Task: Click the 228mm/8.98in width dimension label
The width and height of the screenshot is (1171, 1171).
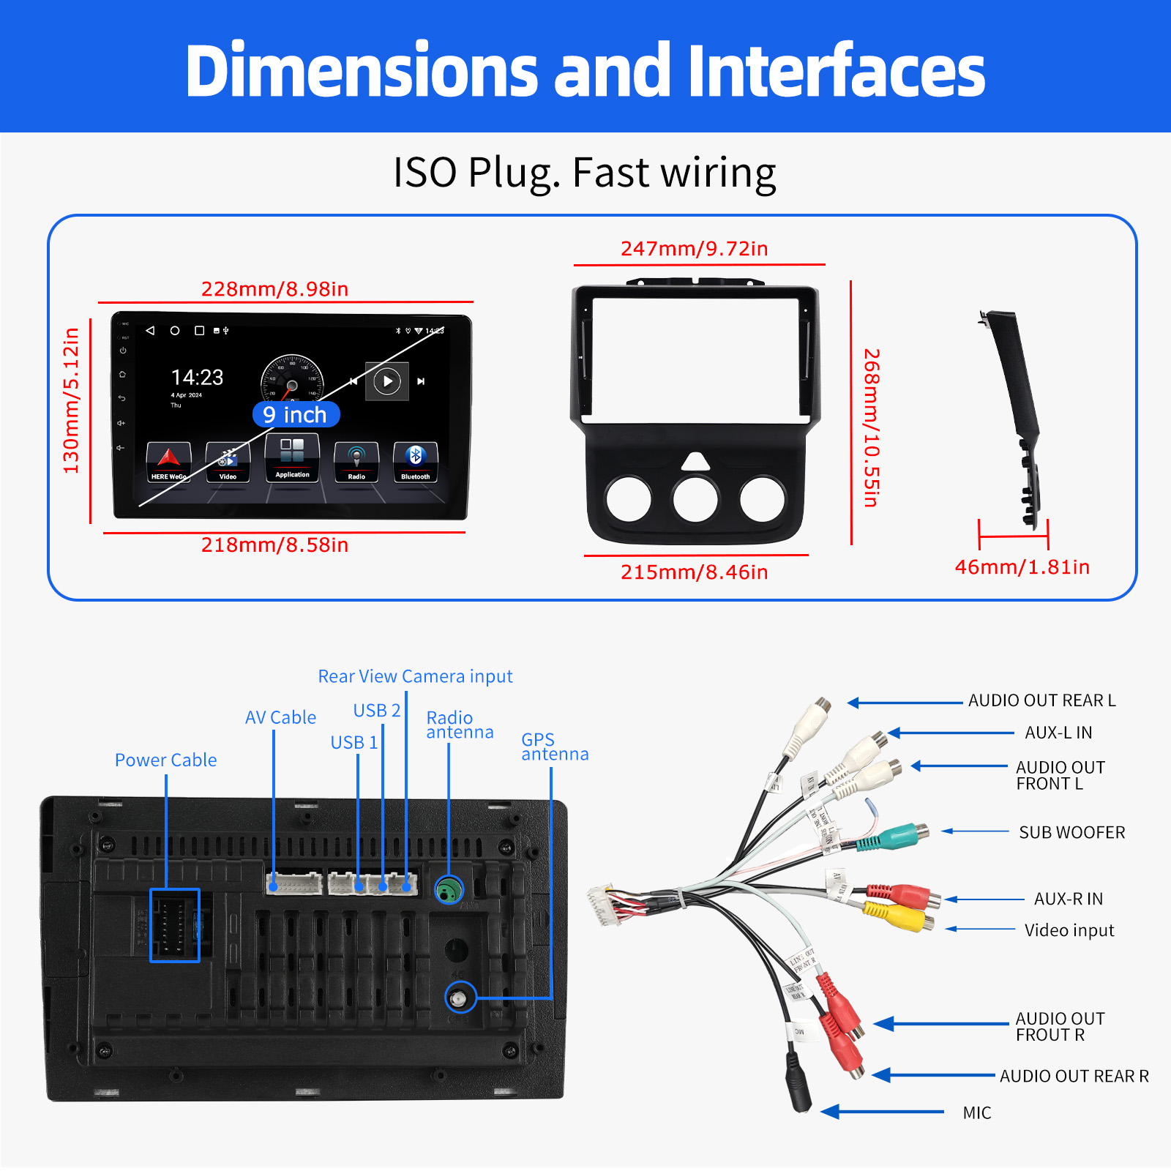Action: coord(274,289)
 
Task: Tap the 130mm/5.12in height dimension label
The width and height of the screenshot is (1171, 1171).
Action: coord(71,400)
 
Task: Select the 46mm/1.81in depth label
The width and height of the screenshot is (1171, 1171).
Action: coord(1022,567)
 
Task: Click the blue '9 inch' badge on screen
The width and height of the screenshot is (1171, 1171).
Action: coord(296,415)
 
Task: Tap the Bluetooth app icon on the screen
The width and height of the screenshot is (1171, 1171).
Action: coord(415,461)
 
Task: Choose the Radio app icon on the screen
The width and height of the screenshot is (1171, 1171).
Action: coord(356,461)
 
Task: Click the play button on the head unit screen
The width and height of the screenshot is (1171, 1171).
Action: coord(387,381)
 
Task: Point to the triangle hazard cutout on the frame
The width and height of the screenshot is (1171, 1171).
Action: coord(695,462)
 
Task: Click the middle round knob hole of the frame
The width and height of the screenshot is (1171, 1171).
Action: coord(695,499)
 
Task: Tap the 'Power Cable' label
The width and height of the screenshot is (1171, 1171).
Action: coord(165,760)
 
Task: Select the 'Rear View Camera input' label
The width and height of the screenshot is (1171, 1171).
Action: coord(415,676)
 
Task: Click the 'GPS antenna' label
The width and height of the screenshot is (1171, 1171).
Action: coord(554,747)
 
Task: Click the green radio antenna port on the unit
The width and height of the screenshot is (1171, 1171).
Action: coord(449,890)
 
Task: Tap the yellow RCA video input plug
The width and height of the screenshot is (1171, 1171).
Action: coord(897,915)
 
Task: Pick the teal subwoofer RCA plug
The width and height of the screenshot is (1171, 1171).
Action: coord(893,837)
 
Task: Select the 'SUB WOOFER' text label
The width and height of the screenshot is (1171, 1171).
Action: coord(1071,832)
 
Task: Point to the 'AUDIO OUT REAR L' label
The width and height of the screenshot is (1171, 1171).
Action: coord(1041,700)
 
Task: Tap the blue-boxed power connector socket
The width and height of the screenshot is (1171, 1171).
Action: coord(175,925)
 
